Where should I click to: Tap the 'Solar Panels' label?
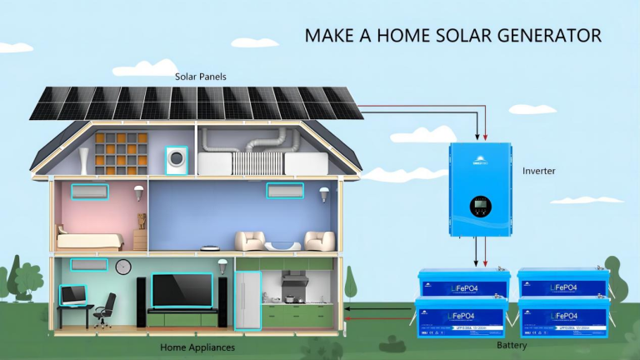click(200, 77)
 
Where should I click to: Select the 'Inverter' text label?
click(538, 171)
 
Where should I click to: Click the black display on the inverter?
click(480, 205)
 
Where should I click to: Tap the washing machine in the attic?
click(177, 159)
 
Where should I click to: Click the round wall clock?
click(123, 267)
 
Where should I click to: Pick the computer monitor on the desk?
click(72, 294)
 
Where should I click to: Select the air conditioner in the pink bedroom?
click(89, 192)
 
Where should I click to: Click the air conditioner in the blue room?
click(285, 191)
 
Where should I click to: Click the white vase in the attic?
click(83, 161)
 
